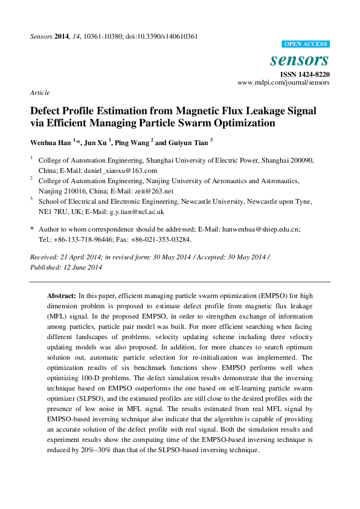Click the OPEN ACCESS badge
point(306,44)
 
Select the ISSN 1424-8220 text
point(304,74)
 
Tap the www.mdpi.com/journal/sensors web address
point(283,82)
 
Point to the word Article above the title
point(39,92)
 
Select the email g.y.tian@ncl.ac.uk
point(137,212)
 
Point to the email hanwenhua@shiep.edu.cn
point(261,230)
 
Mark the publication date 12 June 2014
point(78,267)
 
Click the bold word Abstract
point(61,296)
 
